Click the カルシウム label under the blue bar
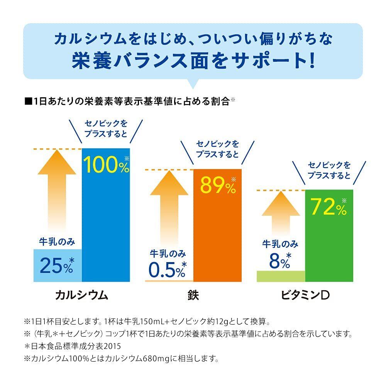tap(81, 295)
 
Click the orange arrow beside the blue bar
tap(57, 193)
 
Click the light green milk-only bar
tap(281, 276)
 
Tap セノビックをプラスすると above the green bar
tap(329, 170)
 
